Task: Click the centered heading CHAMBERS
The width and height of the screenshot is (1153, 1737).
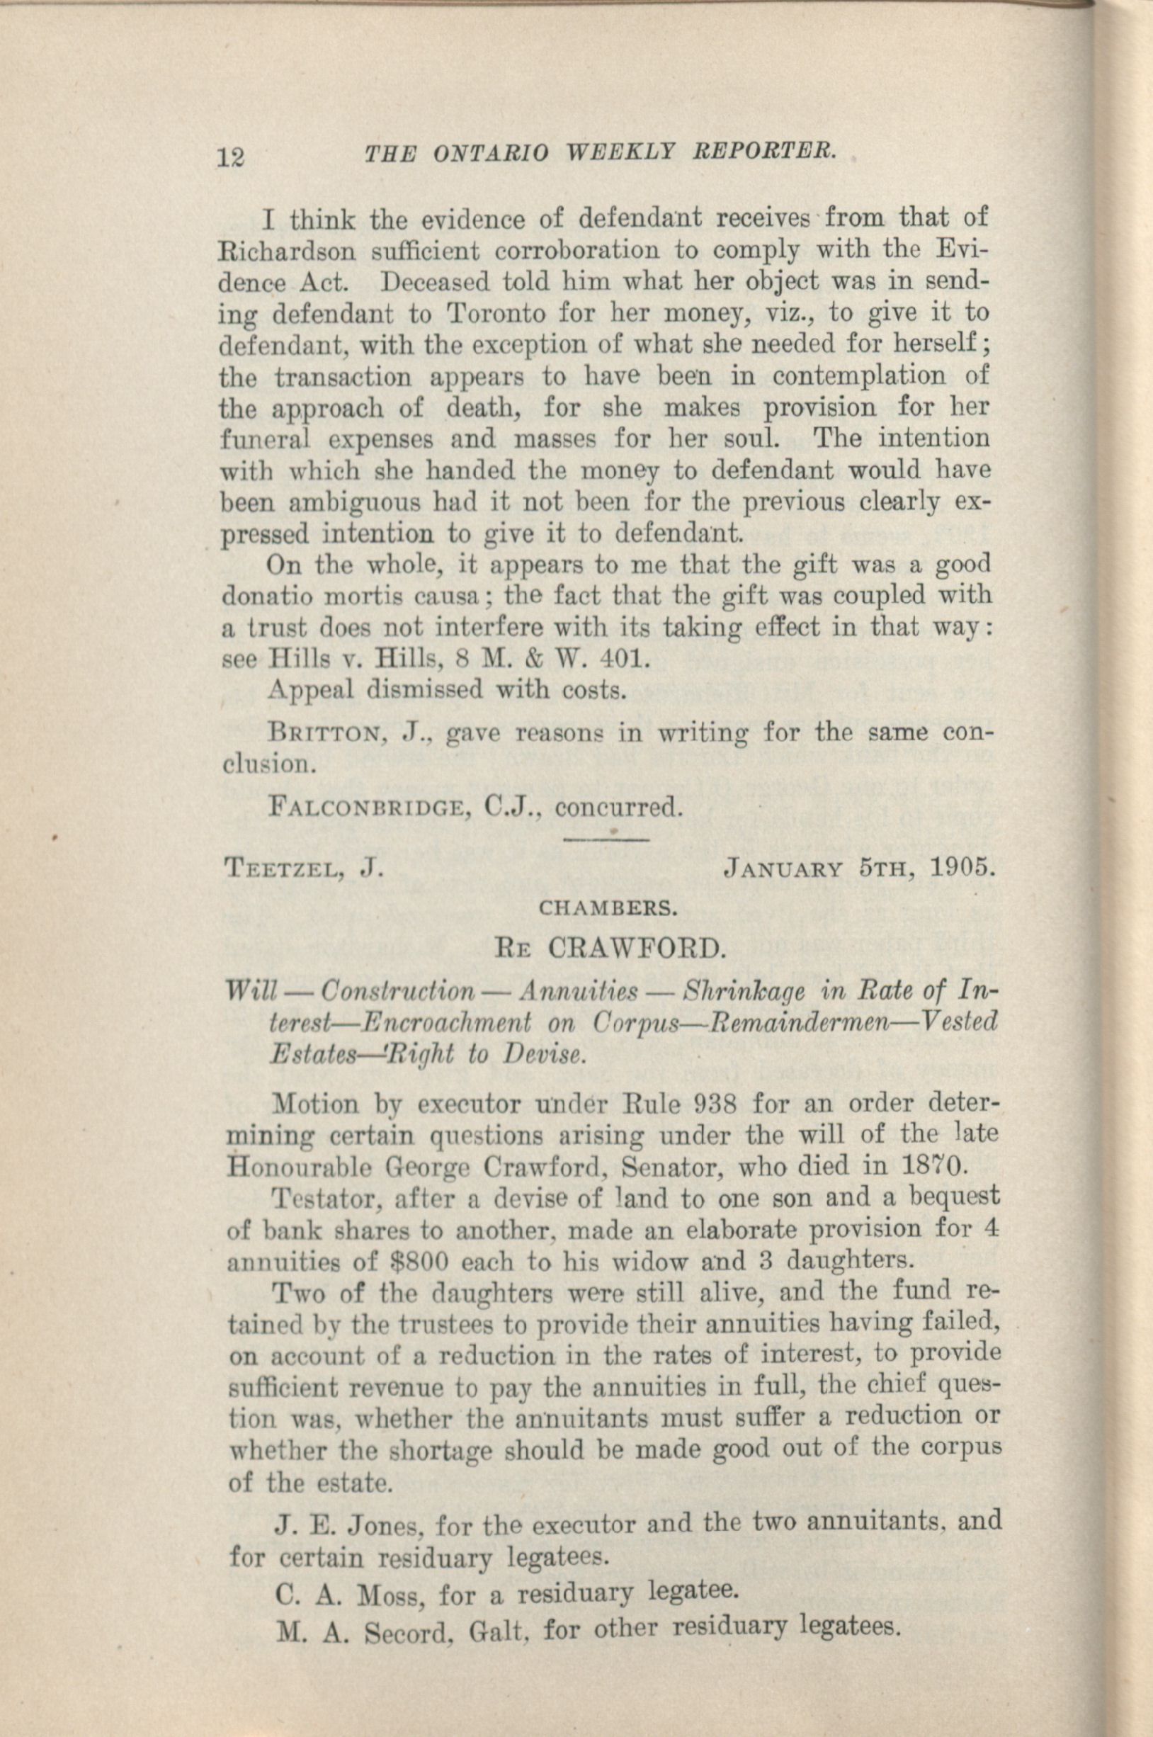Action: (608, 908)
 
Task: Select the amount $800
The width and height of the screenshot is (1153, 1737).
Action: (418, 1262)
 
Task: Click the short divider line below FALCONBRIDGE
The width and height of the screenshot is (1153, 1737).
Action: (604, 838)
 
